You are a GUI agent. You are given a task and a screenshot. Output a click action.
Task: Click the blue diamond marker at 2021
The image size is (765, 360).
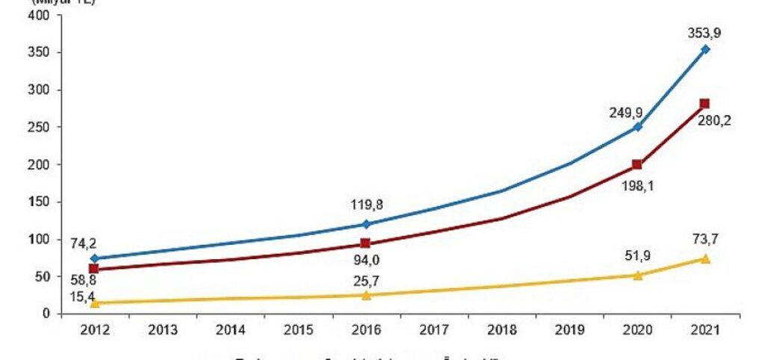(705, 49)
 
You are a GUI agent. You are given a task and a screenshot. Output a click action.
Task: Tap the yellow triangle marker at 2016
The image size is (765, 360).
(366, 295)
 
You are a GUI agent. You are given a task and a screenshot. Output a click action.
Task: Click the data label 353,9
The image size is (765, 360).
(705, 33)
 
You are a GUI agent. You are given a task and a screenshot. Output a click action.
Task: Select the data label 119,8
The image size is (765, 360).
(366, 203)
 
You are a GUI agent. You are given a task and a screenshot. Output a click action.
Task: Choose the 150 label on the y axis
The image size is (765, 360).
(40, 202)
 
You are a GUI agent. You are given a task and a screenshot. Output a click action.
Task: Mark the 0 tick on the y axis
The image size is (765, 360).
(46, 314)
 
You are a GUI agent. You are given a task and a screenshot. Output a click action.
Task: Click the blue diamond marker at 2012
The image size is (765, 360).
(94, 258)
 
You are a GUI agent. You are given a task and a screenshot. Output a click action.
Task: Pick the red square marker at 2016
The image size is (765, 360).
(366, 243)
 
